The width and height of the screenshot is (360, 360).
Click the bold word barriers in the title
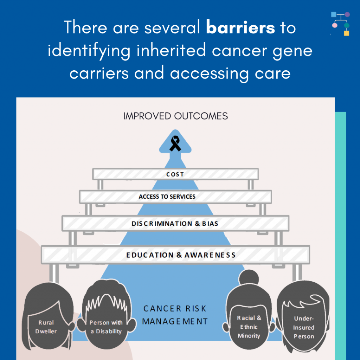(x=240, y=27)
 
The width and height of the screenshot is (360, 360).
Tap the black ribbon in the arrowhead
(x=175, y=143)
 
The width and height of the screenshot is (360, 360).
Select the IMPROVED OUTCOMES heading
(x=175, y=116)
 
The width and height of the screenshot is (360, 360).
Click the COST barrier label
(x=175, y=174)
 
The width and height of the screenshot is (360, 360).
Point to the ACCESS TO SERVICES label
(x=167, y=197)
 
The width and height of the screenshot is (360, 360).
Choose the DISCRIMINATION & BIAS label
(x=175, y=223)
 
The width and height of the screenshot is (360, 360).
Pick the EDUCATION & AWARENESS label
(x=181, y=255)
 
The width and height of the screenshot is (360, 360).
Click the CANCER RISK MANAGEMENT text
(x=175, y=315)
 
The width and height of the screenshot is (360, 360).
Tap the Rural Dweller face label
(x=46, y=327)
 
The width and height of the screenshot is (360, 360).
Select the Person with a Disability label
(x=106, y=327)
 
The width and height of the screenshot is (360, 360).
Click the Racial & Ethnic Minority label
(x=249, y=327)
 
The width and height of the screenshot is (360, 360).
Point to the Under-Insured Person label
(x=303, y=327)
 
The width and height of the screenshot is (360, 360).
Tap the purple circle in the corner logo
(x=347, y=14)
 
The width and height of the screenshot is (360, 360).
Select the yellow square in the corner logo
(x=346, y=33)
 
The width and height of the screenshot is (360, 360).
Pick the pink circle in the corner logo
(x=335, y=25)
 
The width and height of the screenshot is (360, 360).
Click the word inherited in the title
(x=171, y=50)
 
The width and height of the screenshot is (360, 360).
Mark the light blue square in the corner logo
(x=334, y=14)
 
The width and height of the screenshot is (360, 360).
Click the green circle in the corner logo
(x=347, y=25)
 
